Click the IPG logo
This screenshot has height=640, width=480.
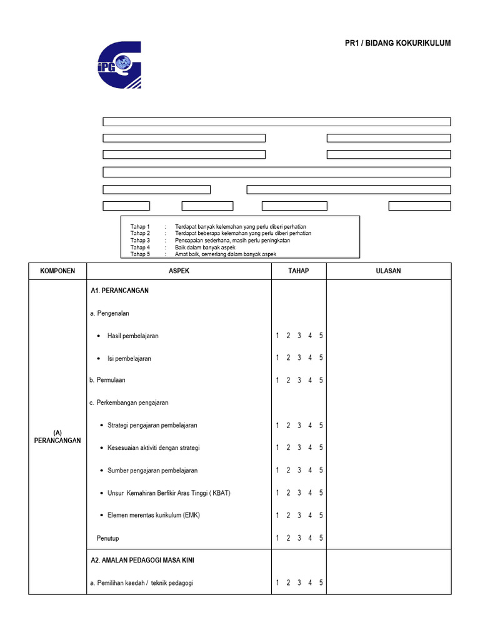pyautogui.click(x=120, y=65)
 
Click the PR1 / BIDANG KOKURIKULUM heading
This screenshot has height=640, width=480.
pyautogui.click(x=397, y=43)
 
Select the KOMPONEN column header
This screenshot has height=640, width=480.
pyautogui.click(x=57, y=271)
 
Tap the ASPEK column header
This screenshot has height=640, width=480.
pyautogui.click(x=179, y=271)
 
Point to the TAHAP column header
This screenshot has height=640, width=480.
pyautogui.click(x=299, y=271)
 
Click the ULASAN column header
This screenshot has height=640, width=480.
pyautogui.click(x=388, y=271)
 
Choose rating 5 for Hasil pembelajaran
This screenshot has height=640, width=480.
pyautogui.click(x=321, y=336)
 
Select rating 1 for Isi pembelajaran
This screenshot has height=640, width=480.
pyautogui.click(x=277, y=358)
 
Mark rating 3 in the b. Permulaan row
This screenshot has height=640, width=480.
pyautogui.click(x=299, y=380)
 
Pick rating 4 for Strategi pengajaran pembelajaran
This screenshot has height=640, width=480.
pyautogui.click(x=310, y=426)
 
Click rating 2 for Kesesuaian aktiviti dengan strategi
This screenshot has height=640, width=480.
pyautogui.click(x=288, y=447)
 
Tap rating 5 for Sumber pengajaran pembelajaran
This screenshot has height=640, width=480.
pyautogui.click(x=321, y=470)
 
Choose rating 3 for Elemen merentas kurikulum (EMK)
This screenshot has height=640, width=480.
pyautogui.click(x=299, y=516)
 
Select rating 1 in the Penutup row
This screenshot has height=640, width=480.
pyautogui.click(x=277, y=538)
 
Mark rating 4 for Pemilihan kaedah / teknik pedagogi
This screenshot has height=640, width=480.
pyautogui.click(x=310, y=583)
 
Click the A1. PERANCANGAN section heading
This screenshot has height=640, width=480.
pyautogui.click(x=119, y=291)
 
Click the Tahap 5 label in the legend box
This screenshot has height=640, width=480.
pyautogui.click(x=140, y=254)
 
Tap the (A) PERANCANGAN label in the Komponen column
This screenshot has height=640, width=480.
pyautogui.click(x=57, y=436)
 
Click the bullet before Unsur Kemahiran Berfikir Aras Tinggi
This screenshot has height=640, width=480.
pyautogui.click(x=101, y=493)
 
